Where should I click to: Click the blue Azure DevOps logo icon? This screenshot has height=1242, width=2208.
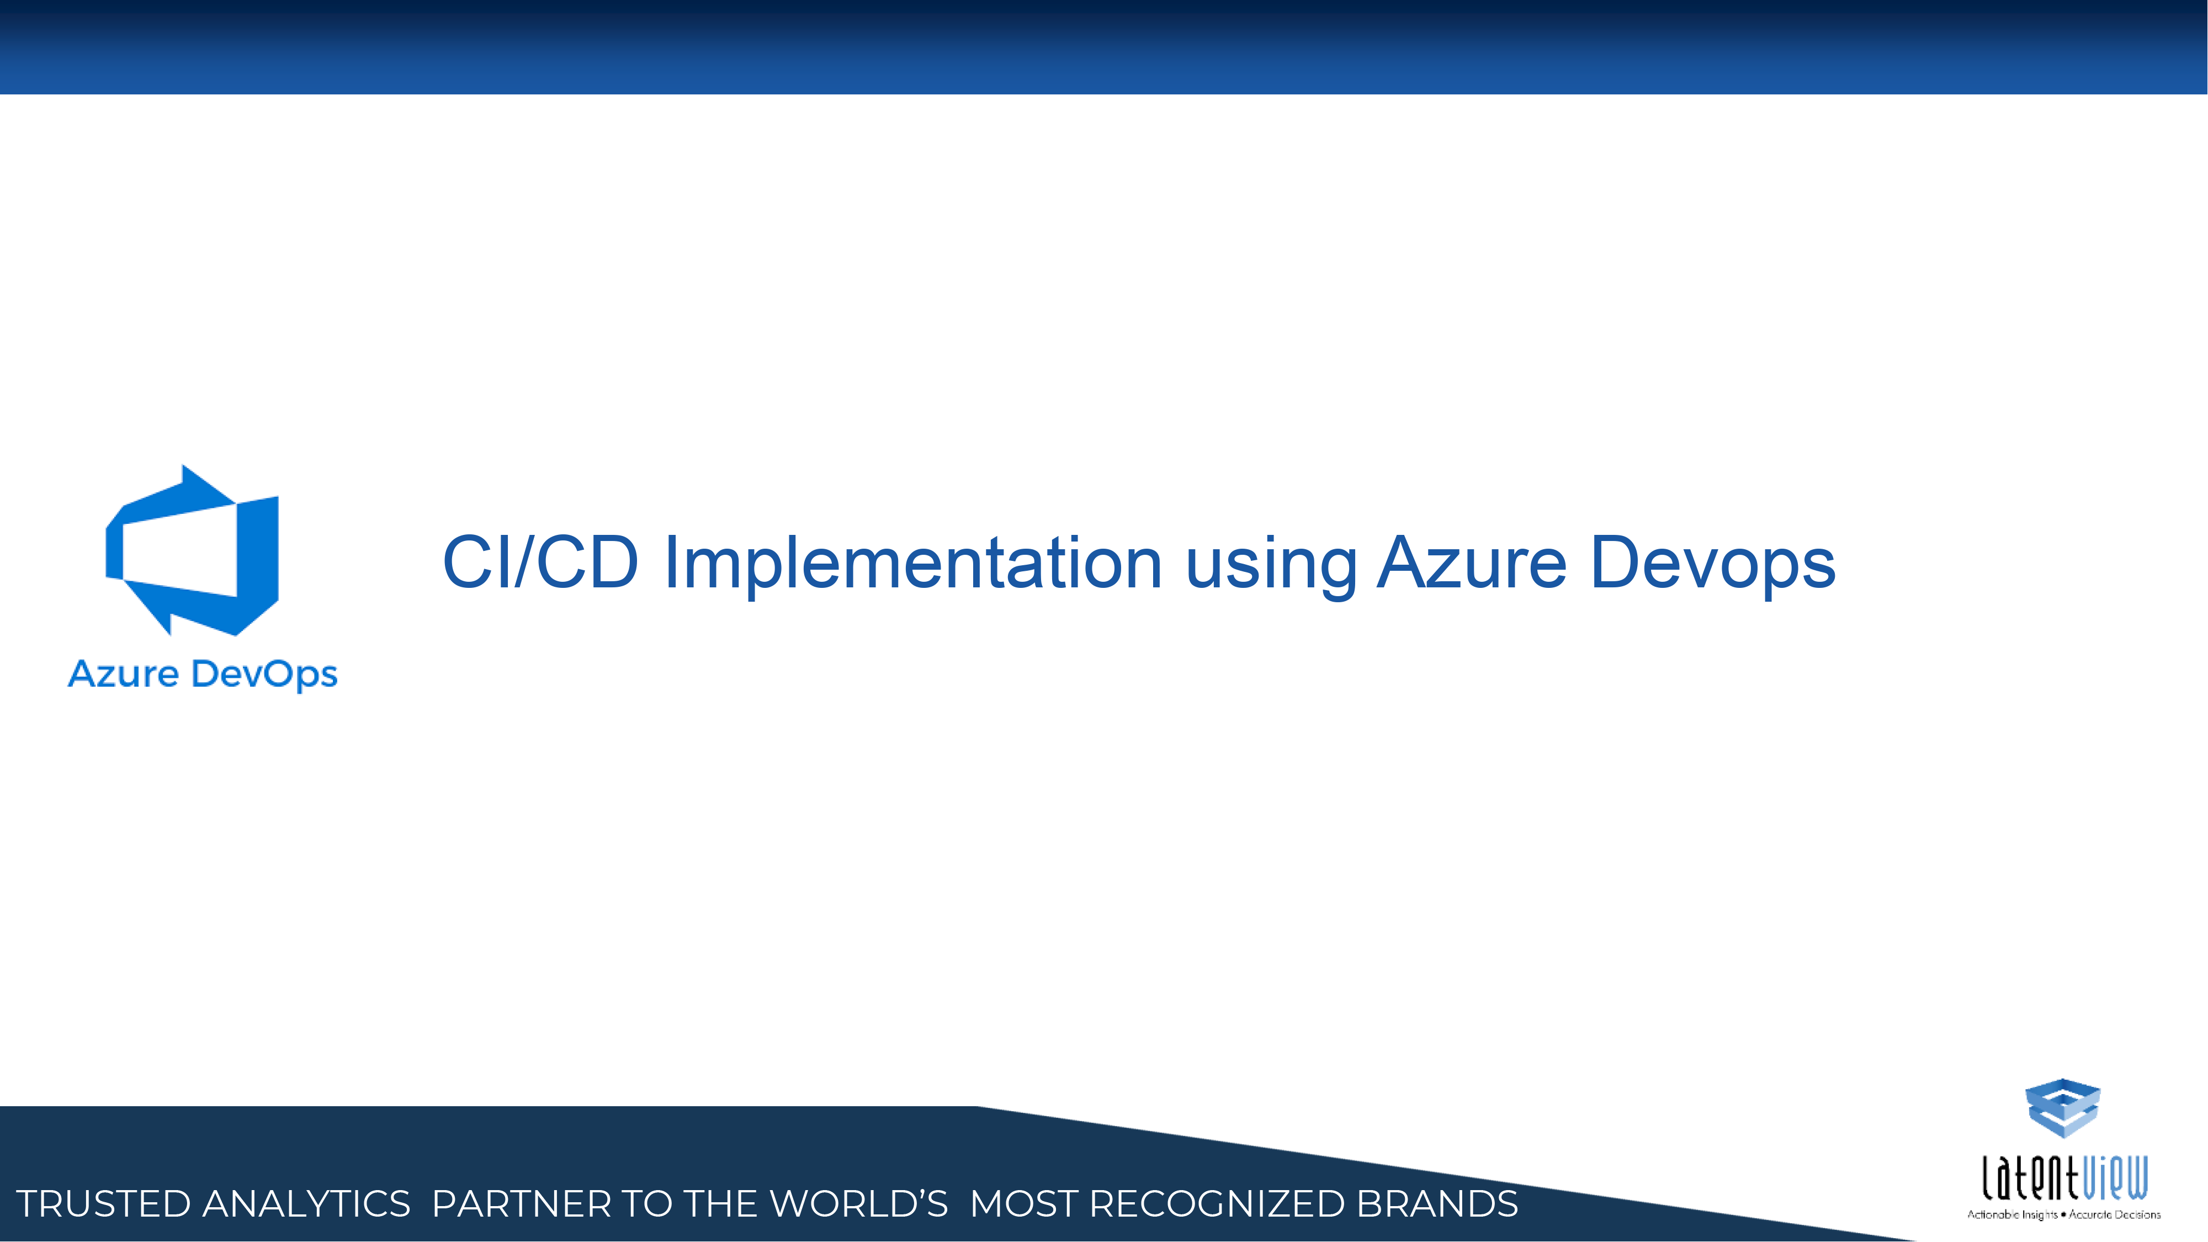tap(192, 550)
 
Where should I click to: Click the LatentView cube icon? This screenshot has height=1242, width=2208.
tap(2062, 1108)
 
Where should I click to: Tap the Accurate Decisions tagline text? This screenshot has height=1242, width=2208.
tap(2115, 1214)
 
